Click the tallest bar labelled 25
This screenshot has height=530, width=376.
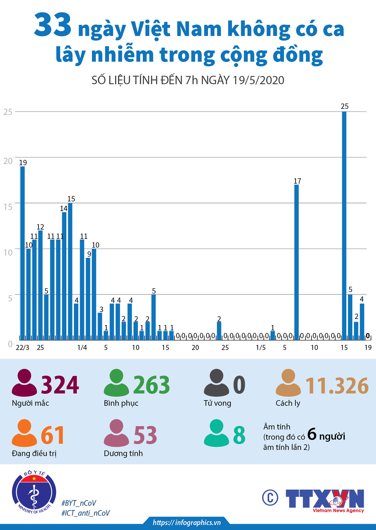pos(344,225)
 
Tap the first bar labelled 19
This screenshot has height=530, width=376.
pos(22,253)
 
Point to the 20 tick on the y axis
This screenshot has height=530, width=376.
pos(8,161)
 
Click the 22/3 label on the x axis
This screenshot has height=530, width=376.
pos(22,348)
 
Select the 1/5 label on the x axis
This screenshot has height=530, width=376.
pos(261,348)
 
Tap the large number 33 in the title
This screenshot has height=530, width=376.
pos(53,25)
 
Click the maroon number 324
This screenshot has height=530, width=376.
pos(60,385)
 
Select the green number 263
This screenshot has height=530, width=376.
pos(152,385)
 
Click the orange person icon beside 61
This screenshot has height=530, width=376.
pos(24,433)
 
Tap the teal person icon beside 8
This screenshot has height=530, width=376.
pos(216,433)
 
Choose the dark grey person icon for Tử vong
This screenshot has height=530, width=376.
pos(216,383)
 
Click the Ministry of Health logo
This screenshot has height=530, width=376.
pos(34,492)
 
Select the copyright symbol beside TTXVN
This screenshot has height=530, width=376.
pos(270,498)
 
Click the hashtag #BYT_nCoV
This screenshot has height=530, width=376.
pos(79,503)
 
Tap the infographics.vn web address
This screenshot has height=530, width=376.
pos(187,522)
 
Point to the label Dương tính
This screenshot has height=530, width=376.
pos(123,453)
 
